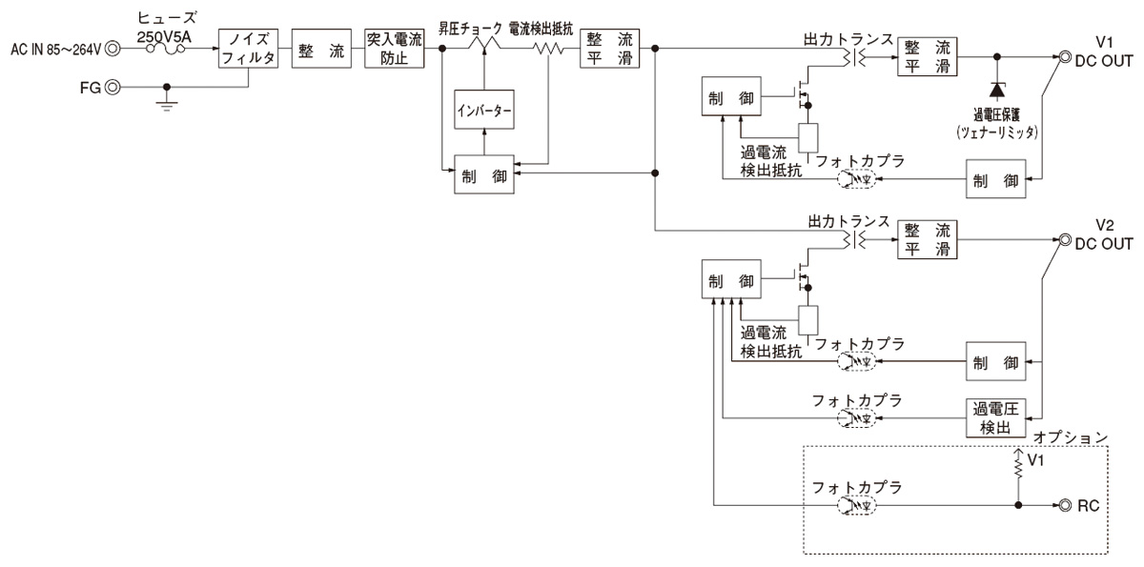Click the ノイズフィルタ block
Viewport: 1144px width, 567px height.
[249, 47]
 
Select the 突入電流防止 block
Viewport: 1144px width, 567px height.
[394, 47]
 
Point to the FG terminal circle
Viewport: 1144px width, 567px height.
[113, 87]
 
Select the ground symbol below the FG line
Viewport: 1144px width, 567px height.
[168, 103]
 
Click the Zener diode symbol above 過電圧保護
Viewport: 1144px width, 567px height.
[997, 91]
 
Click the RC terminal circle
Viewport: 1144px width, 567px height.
[1063, 506]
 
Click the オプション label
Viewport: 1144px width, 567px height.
[1073, 437]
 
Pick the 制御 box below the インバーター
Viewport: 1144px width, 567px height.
[484, 174]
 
